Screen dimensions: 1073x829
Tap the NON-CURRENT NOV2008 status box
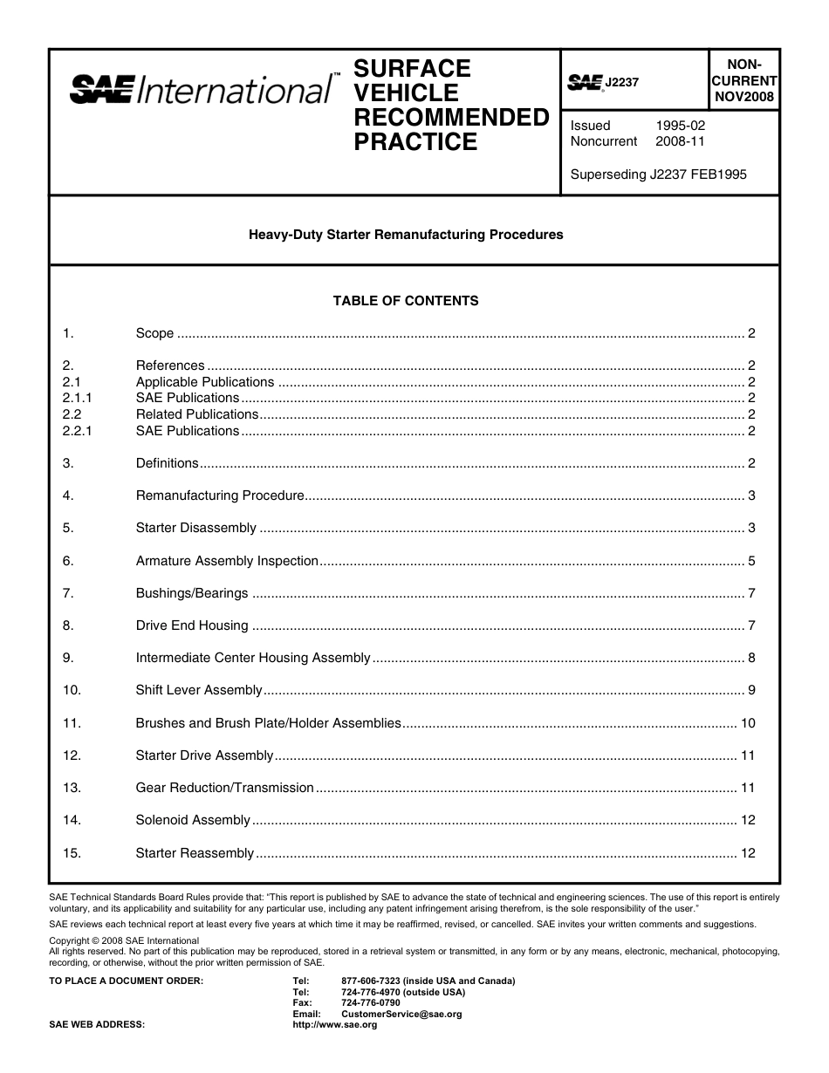(744, 80)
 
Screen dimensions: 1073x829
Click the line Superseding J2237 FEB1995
(658, 174)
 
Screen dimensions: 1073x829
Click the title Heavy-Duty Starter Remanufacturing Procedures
(406, 235)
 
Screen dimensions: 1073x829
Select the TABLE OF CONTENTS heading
(406, 301)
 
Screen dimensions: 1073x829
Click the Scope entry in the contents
(155, 333)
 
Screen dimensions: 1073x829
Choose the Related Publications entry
(197, 414)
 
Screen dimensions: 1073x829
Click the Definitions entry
(168, 463)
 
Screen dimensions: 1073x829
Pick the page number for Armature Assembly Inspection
(751, 561)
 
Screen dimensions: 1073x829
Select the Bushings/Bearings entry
(192, 593)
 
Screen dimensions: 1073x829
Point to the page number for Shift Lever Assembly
(751, 690)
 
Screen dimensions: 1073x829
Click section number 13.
(72, 788)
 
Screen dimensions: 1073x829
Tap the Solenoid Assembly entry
(193, 820)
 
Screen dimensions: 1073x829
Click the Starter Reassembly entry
(195, 853)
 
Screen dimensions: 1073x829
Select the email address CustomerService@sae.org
(401, 1015)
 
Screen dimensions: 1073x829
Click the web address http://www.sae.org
(334, 1025)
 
